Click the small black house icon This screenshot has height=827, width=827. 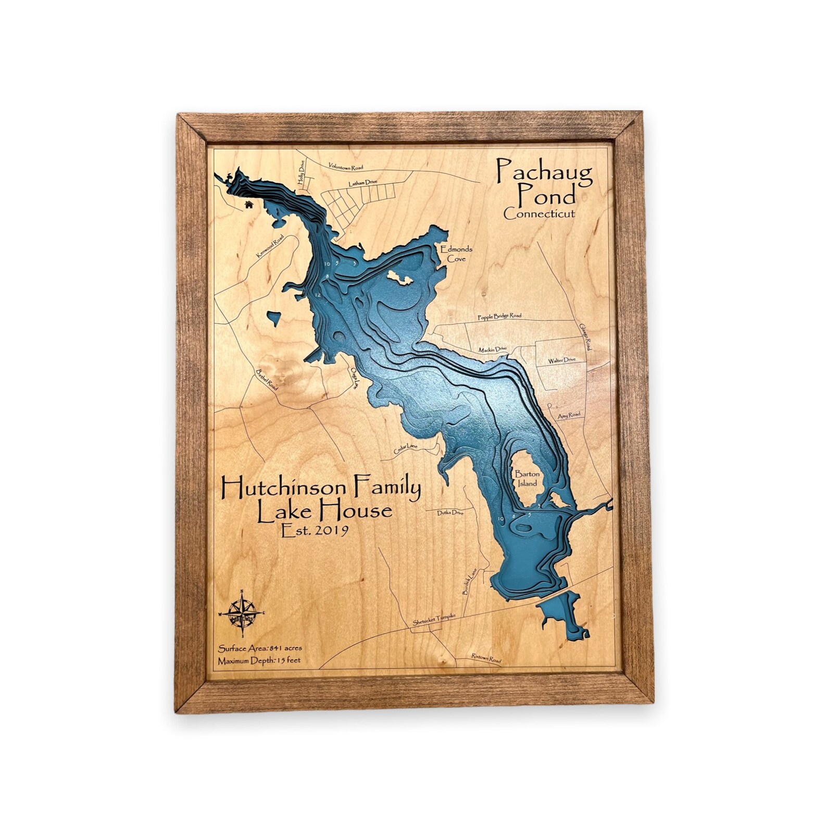coord(249,205)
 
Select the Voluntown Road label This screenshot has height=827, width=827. coord(346,167)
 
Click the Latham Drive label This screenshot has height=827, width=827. coord(362,184)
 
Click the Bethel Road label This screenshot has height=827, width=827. coord(267,380)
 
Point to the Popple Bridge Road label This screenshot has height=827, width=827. coord(499,316)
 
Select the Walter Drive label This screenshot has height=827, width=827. coord(561,360)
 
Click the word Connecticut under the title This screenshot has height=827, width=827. coord(540,214)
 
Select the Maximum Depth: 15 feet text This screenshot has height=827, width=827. coord(259,660)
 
